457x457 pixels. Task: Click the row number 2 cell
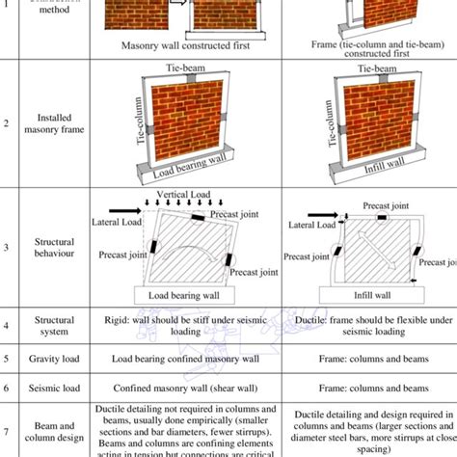[8, 123]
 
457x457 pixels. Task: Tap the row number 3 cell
[8, 248]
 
